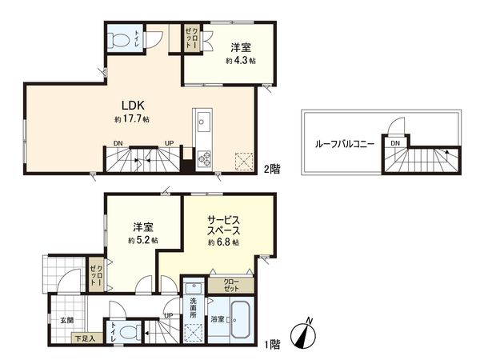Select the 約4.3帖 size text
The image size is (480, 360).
241,61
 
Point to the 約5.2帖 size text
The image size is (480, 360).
143,240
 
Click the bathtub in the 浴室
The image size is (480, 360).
239,319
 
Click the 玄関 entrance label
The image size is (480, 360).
66,319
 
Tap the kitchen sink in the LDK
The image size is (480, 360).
202,124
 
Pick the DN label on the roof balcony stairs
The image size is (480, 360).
395,143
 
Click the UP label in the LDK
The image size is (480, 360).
169,143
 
